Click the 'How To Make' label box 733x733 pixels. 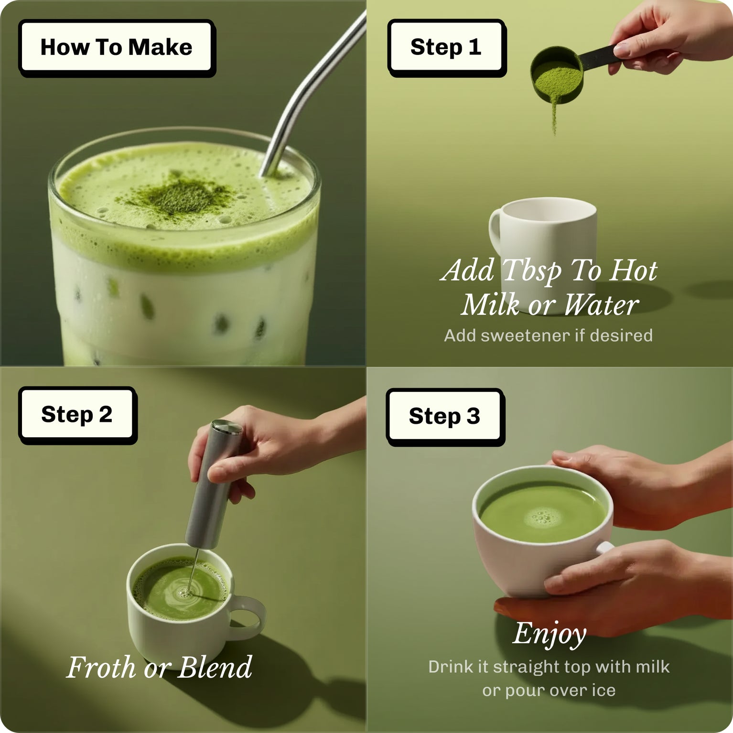(116, 47)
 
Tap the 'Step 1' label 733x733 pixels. (445, 47)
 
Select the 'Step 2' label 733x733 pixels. (77, 414)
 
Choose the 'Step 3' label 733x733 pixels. (444, 416)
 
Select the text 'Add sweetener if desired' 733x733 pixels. (548, 335)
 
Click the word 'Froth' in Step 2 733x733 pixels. (101, 668)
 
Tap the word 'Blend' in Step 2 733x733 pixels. (215, 668)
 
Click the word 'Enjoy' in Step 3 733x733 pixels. (550, 634)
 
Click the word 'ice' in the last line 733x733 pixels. (604, 690)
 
